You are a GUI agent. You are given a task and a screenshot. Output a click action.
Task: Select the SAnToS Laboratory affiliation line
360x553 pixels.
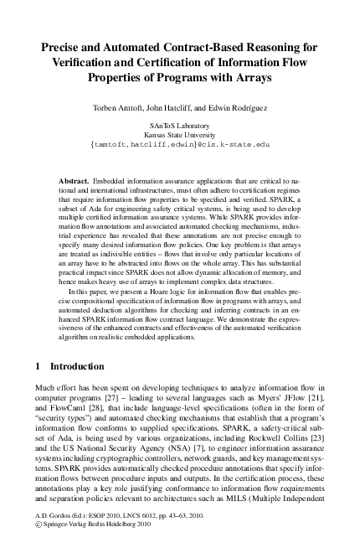[x=179, y=125]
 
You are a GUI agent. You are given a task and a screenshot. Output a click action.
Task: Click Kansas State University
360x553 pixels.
[x=179, y=134]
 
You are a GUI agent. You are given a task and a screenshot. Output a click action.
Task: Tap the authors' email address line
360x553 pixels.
[x=179, y=144]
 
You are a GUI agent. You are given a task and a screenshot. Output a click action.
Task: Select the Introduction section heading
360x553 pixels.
[x=77, y=366]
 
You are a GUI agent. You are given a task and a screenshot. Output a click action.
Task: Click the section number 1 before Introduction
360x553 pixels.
[x=39, y=366]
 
